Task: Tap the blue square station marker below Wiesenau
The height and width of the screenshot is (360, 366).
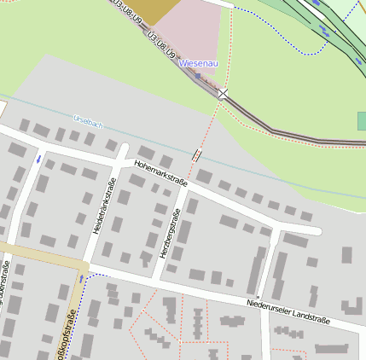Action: (x=198, y=75)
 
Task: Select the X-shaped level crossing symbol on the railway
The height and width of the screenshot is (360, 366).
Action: (x=223, y=93)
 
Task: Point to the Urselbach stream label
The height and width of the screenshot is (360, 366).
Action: (x=88, y=122)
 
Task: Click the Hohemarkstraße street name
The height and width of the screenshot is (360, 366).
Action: (x=160, y=171)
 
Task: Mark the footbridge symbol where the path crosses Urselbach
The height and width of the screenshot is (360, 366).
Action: (x=197, y=155)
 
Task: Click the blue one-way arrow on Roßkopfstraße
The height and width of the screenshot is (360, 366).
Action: (x=82, y=278)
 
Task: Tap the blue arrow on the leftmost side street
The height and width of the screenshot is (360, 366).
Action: (x=38, y=159)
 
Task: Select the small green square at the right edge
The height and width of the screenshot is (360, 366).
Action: (x=362, y=120)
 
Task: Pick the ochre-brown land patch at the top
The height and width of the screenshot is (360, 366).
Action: (x=154, y=10)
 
